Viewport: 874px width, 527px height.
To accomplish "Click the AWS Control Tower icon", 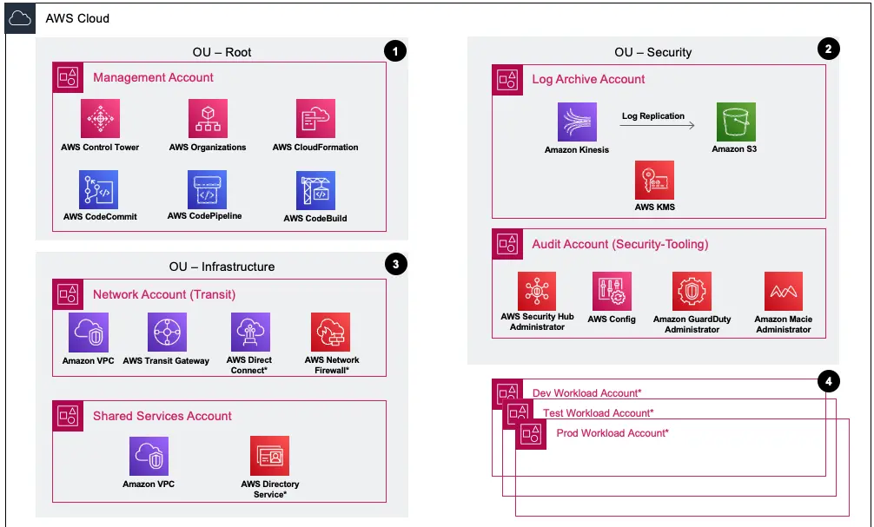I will tap(100, 119).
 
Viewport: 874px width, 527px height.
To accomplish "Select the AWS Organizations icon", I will tap(208, 119).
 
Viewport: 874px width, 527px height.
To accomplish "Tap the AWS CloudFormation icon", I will tap(315, 119).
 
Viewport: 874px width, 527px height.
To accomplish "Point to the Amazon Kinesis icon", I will tap(577, 122).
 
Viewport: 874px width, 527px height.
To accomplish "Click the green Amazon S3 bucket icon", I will tap(736, 122).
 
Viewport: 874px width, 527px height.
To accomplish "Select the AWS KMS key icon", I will tap(655, 180).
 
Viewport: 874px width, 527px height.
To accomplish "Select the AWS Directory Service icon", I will tap(269, 456).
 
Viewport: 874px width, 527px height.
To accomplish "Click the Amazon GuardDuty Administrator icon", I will tap(692, 292).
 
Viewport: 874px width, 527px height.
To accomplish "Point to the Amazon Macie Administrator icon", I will tap(783, 292).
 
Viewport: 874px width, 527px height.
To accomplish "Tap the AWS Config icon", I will tap(612, 292).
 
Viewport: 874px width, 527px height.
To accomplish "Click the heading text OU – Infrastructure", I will tap(222, 267).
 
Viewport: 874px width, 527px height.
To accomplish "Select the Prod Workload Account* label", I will tap(612, 432).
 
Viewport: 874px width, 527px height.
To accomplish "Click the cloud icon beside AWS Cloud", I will tap(20, 18).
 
